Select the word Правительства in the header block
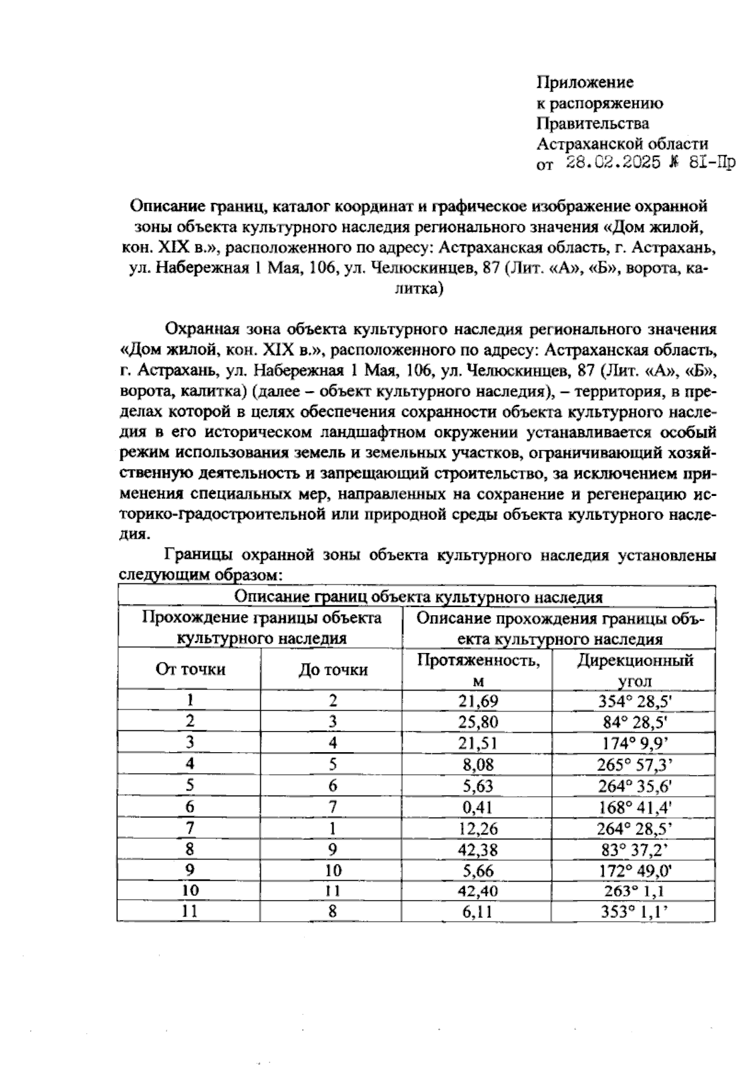[x=593, y=123]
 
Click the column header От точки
[x=190, y=669]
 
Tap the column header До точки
[x=332, y=670]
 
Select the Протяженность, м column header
[x=478, y=670]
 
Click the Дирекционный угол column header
[x=635, y=670]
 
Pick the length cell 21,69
[x=478, y=701]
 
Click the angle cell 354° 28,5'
[x=635, y=701]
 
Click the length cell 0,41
[x=478, y=807]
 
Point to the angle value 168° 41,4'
[x=635, y=807]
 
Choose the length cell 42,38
[x=478, y=849]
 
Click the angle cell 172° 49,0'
[x=635, y=871]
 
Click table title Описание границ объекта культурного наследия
[x=418, y=596]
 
